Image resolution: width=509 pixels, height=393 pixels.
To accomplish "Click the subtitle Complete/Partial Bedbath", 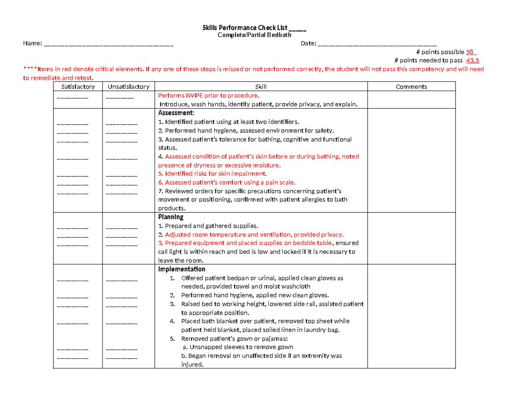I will (x=255, y=35).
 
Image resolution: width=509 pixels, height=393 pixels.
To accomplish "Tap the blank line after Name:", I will (x=109, y=44).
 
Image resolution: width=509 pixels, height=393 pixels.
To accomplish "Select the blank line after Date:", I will (x=377, y=44).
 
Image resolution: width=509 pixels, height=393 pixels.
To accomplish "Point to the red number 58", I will (x=470, y=52).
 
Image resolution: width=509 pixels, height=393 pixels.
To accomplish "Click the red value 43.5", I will (x=473, y=61).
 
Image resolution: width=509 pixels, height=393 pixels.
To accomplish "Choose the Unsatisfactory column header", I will (x=129, y=87).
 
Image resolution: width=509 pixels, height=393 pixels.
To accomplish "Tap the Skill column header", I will (x=261, y=87).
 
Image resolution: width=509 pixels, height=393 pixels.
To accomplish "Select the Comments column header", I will (x=411, y=87).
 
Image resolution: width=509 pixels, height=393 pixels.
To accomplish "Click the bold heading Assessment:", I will (x=176, y=113).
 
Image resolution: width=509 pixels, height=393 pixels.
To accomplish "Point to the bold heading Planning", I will (x=171, y=217).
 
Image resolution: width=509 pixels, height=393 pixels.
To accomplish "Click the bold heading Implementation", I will (x=182, y=269).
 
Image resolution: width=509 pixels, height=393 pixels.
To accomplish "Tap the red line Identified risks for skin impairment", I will (x=213, y=174).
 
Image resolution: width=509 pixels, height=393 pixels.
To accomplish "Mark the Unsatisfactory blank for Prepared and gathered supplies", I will (x=122, y=228).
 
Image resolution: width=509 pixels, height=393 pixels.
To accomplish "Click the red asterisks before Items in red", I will (x=30, y=70).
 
